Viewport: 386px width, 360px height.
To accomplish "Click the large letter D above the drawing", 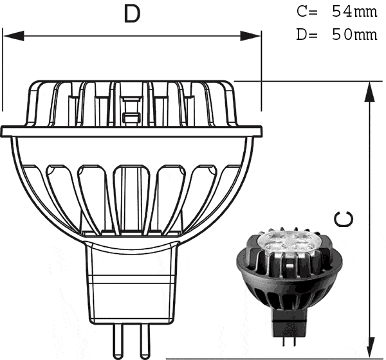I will pos(132,14).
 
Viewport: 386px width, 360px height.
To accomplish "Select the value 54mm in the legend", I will pos(354,12).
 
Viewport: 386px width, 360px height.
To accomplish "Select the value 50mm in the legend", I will pos(354,34).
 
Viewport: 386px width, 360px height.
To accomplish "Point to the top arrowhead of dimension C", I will pos(370,92).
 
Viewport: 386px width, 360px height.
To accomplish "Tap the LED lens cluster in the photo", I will pos(279,242).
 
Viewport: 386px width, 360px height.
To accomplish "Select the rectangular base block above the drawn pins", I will pos(132,283).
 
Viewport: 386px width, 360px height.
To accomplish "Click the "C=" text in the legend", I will pos(306,12).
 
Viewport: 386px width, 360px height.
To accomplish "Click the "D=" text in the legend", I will pos(306,34).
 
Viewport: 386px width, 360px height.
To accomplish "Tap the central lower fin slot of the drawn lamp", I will pos(131,193).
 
